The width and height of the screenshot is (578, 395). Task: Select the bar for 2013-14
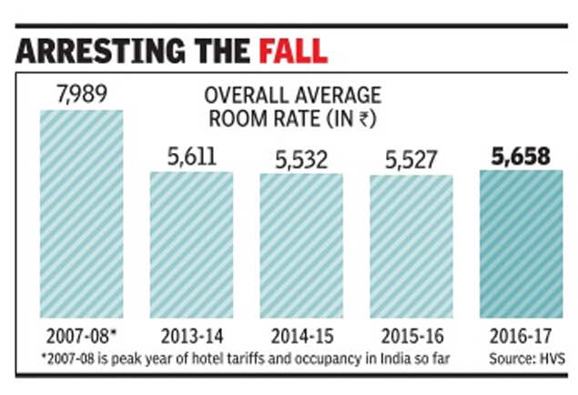point(191,246)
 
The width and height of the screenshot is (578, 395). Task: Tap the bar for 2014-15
point(301,247)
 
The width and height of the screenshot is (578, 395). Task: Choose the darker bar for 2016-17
point(521,245)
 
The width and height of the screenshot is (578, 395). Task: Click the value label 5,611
point(190,156)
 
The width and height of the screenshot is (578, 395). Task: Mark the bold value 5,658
point(519,156)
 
